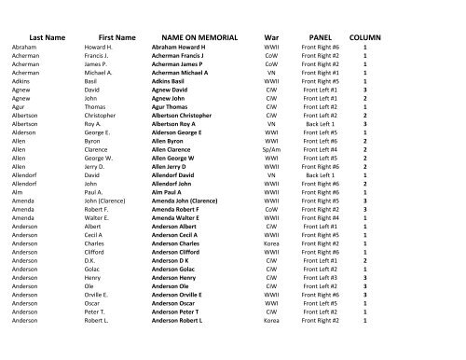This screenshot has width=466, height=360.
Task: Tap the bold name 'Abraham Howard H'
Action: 185,46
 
